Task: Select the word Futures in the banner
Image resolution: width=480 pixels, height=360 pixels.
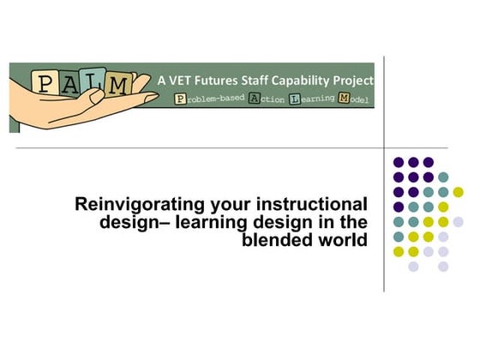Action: click(219, 80)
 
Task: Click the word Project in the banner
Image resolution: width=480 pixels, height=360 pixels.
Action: click(354, 80)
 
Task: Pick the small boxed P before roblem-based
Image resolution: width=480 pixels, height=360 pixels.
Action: click(179, 99)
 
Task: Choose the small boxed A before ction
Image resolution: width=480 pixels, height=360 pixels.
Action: click(254, 99)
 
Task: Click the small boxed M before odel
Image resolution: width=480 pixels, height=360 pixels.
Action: click(345, 99)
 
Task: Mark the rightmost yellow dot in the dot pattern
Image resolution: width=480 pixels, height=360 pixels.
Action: click(458, 192)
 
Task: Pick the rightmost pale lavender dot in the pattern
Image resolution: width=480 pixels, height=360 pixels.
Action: click(458, 221)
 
